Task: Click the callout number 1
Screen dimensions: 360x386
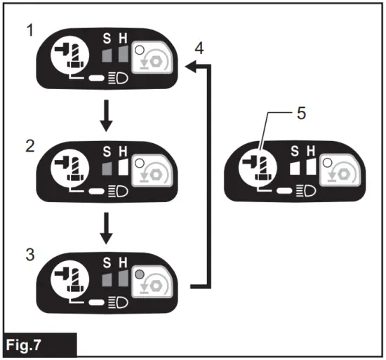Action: (x=27, y=32)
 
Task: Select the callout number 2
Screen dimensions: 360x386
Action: (x=27, y=147)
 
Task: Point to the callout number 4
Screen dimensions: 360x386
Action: (x=200, y=49)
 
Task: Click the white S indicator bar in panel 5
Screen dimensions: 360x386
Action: (x=295, y=168)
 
